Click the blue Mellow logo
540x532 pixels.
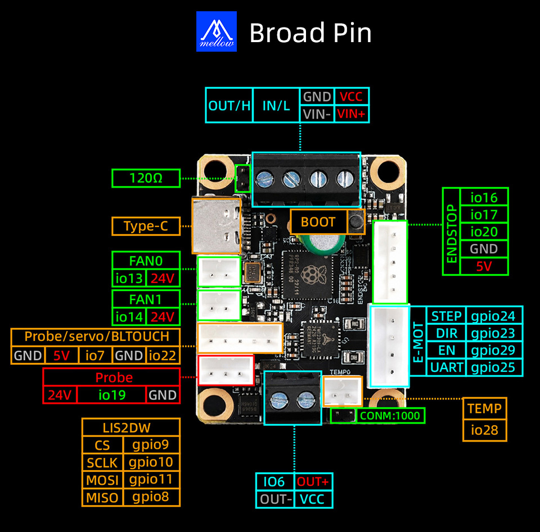[216, 31]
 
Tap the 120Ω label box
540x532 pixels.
[146, 178]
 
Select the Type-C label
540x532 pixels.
[146, 226]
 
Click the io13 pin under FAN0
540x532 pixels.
[129, 278]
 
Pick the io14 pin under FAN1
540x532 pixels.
[129, 317]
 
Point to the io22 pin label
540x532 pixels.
[163, 355]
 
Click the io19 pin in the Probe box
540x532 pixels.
[112, 395]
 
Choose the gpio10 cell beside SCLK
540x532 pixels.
[151, 462]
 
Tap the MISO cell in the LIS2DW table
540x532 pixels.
[102, 497]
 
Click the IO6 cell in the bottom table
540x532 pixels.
[274, 482]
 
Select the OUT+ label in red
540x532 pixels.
[313, 482]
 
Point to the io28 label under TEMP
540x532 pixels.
[484, 430]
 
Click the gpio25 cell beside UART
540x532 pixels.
[493, 367]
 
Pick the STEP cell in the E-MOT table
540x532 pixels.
[446, 316]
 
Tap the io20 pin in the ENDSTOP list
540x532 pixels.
[484, 232]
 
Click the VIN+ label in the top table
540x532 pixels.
[351, 114]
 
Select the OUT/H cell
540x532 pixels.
[229, 105]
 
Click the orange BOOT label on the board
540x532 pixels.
[318, 222]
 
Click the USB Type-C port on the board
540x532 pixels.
[216, 226]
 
